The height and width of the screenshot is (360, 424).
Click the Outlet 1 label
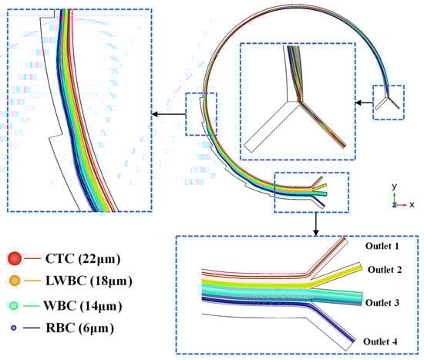tap(382, 246)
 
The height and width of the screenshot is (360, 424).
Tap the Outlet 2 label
tap(385, 270)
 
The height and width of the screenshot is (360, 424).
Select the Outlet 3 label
tap(382, 303)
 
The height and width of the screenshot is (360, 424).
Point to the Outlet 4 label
tap(380, 341)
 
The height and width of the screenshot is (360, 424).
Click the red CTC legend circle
tap(15, 258)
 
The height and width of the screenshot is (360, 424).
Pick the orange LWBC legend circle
tap(15, 281)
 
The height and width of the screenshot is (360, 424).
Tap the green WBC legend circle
tap(14, 305)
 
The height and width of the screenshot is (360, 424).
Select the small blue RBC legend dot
tap(14, 328)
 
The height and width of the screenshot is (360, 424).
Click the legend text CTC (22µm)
tap(82, 259)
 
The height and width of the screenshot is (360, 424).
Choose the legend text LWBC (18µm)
tap(89, 281)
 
